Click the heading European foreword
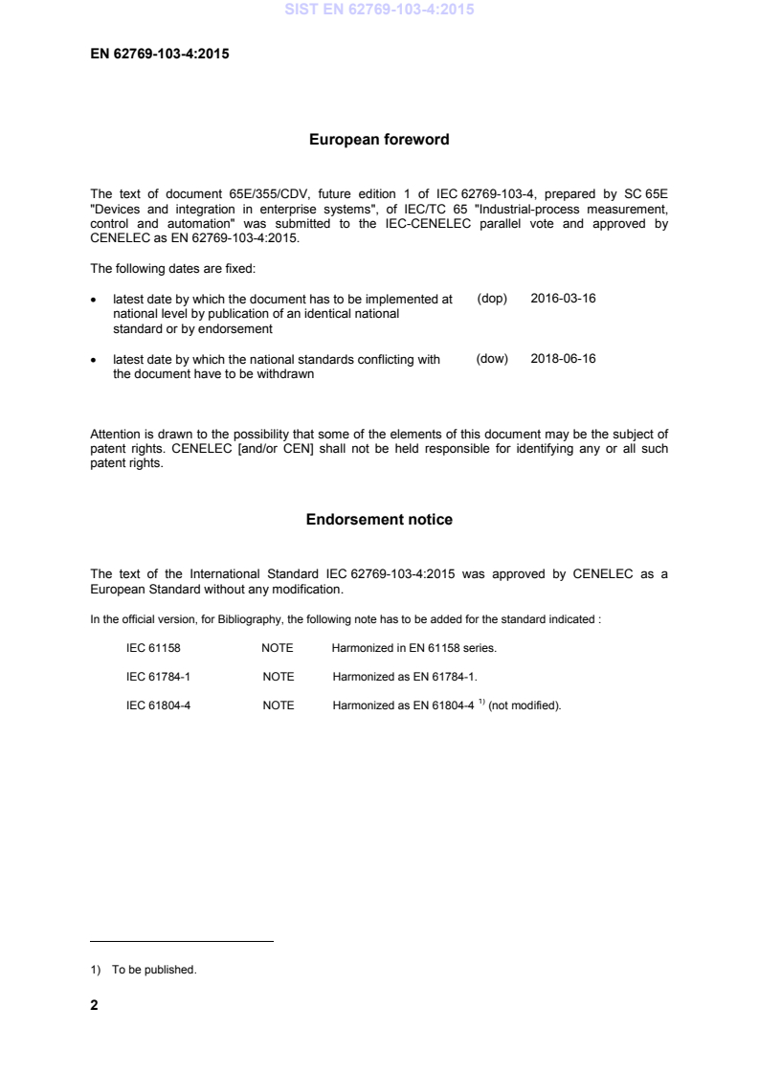pyautogui.click(x=379, y=140)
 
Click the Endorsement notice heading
pyautogui.click(x=379, y=520)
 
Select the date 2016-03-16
pyautogui.click(x=563, y=299)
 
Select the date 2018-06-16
pyautogui.click(x=563, y=359)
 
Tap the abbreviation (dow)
pyautogui.click(x=491, y=359)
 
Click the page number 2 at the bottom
pyautogui.click(x=94, y=1006)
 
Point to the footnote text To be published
pyautogui.click(x=153, y=970)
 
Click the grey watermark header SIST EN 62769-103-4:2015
pyautogui.click(x=379, y=11)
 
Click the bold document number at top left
pyautogui.click(x=159, y=54)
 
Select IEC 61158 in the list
pyautogui.click(x=153, y=648)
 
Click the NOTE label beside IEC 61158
pyautogui.click(x=278, y=648)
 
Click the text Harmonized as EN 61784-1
pyautogui.click(x=404, y=677)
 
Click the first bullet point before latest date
pyautogui.click(x=93, y=300)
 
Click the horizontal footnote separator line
pyautogui.click(x=181, y=942)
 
